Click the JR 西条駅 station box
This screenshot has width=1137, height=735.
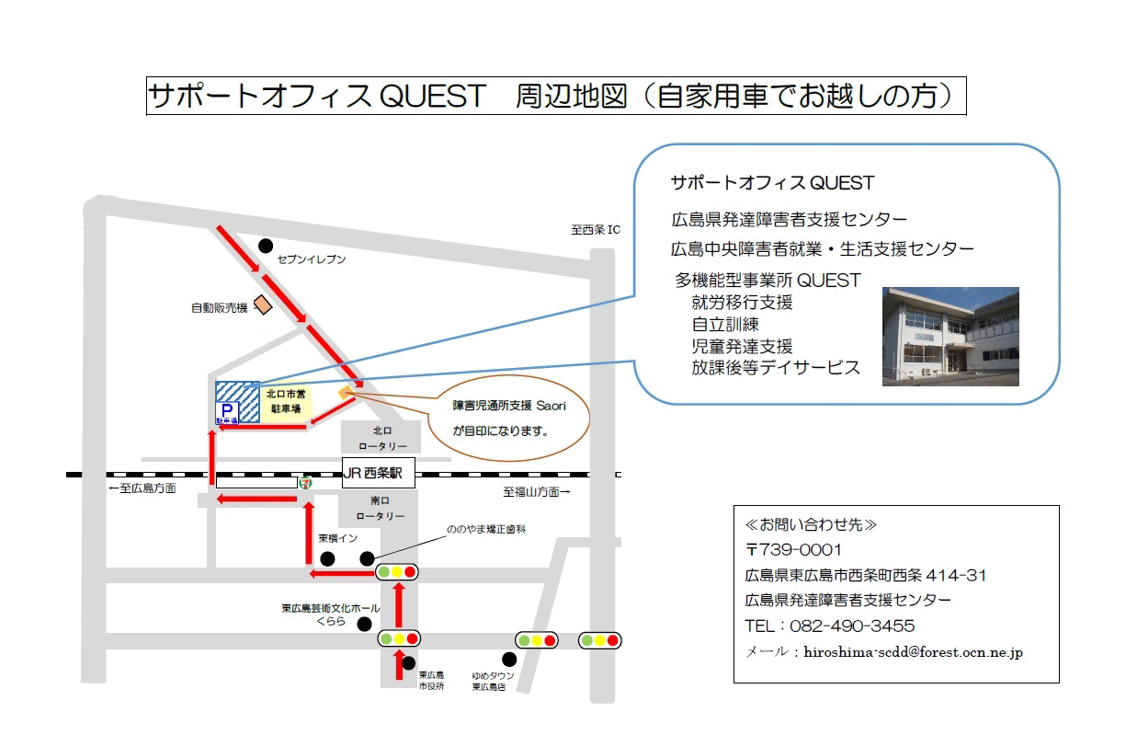378,473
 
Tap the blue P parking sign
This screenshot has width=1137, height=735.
227,413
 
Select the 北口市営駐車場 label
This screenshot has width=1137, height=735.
286,401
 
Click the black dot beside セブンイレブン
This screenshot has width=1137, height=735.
266,246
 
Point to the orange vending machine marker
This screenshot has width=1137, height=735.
263,304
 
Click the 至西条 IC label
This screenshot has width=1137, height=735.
596,230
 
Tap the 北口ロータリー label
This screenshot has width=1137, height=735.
382,439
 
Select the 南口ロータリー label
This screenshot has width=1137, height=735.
381,508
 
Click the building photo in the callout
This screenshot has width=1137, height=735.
950,337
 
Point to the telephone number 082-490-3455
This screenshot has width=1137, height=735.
852,626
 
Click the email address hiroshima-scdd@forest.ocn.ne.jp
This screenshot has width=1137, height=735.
913,652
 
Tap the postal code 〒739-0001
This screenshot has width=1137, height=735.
793,549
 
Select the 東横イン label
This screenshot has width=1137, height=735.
337,538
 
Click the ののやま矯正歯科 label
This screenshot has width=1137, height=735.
485,529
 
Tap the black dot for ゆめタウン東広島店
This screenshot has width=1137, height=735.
509,660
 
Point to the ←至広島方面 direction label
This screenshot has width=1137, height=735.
142,488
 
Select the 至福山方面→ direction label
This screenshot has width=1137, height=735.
537,492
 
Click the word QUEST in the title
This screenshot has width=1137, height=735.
433,96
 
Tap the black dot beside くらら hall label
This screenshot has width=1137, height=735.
364,624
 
